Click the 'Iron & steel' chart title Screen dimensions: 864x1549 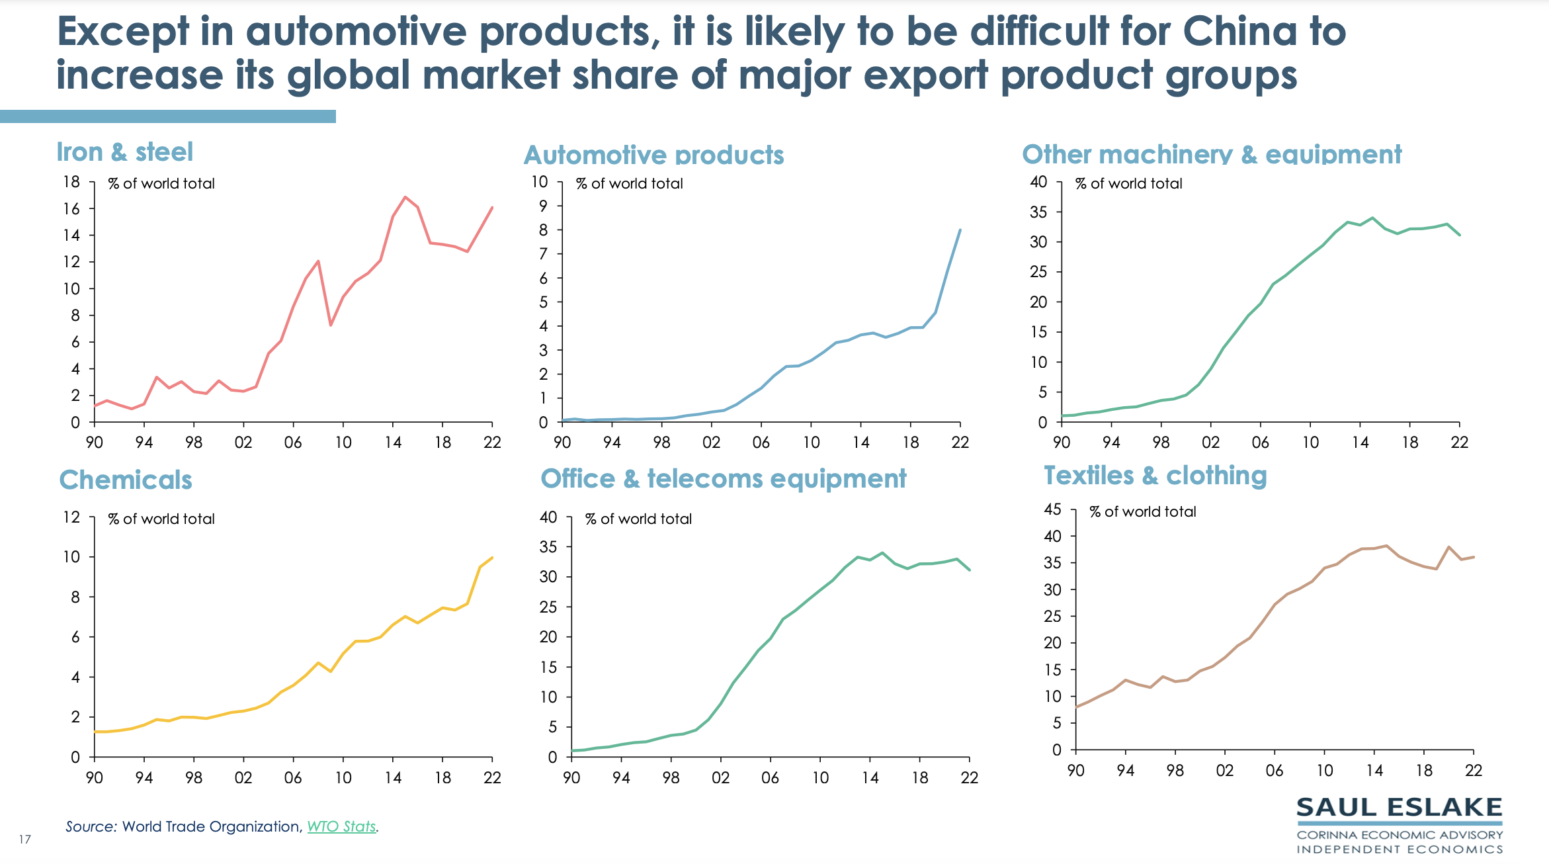pyautogui.click(x=124, y=152)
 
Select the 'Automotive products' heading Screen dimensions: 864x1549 pyautogui.click(x=653, y=155)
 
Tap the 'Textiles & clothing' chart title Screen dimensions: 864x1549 pyautogui.click(x=1155, y=476)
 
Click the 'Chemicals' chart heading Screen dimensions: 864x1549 pyautogui.click(x=126, y=480)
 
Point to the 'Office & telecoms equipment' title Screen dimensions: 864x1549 pyautogui.click(x=723, y=478)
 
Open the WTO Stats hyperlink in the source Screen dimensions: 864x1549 pyautogui.click(x=341, y=826)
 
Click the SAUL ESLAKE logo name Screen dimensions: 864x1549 pyautogui.click(x=1399, y=808)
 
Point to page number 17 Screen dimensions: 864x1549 pyautogui.click(x=25, y=840)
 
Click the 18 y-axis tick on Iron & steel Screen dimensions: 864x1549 pyautogui.click(x=71, y=182)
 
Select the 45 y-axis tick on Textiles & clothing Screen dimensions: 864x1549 pyautogui.click(x=1052, y=509)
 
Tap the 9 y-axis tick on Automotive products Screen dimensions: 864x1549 pyautogui.click(x=543, y=206)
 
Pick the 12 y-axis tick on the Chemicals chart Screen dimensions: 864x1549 pyautogui.click(x=71, y=517)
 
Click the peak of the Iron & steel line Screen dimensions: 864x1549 pyautogui.click(x=405, y=196)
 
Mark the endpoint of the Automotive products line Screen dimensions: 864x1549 pyautogui.click(x=960, y=230)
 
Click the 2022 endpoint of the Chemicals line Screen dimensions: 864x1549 pyautogui.click(x=492, y=558)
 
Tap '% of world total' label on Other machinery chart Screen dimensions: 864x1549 pyautogui.click(x=1128, y=183)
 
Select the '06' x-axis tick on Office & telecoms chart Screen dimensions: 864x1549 pyautogui.click(x=770, y=777)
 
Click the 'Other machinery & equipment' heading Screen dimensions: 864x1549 pyautogui.click(x=1211, y=154)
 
